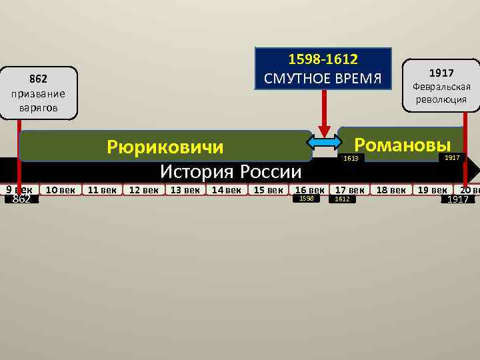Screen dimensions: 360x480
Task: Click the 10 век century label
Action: (x=60, y=190)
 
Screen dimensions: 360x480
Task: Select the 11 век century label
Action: (x=103, y=190)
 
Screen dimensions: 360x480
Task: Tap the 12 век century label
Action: (x=144, y=190)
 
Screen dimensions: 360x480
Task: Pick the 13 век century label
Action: (x=185, y=190)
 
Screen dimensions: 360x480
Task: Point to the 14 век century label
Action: (x=227, y=190)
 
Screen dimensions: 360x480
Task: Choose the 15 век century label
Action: (x=268, y=190)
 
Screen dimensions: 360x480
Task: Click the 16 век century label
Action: (x=310, y=190)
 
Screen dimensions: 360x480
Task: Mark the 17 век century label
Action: (x=350, y=190)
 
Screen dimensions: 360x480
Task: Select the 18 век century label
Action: (x=391, y=190)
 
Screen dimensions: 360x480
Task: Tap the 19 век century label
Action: (x=432, y=190)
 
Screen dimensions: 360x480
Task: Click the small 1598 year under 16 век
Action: (x=306, y=199)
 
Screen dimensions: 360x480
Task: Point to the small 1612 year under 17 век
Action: (x=342, y=199)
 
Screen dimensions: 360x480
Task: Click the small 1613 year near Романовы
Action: (x=351, y=158)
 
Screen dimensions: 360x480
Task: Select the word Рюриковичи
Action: (x=165, y=147)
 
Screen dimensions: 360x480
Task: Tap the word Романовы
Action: (x=402, y=145)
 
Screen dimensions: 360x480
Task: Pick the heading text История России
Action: (x=231, y=171)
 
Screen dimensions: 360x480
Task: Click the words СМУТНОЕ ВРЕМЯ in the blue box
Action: (x=323, y=79)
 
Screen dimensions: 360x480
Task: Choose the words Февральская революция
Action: (x=441, y=93)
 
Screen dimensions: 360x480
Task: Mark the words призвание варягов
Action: (x=37, y=99)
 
